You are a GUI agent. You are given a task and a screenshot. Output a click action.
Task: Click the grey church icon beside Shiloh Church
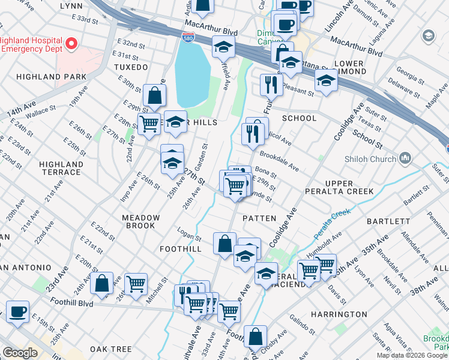point(405,158)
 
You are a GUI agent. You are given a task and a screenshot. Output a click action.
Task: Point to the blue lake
point(191,75)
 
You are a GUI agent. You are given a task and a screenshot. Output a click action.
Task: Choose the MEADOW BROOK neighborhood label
point(141,222)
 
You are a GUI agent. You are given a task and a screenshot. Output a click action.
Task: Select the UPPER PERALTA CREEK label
point(349,187)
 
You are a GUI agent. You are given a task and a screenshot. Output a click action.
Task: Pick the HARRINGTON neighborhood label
point(339,314)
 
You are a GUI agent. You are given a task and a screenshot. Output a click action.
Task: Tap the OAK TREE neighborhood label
point(110,349)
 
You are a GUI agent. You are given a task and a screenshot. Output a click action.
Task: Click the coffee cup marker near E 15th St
point(18,311)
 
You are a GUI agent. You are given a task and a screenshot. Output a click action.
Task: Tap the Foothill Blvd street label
point(70,304)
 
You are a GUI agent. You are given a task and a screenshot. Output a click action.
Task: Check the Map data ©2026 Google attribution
point(412,355)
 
